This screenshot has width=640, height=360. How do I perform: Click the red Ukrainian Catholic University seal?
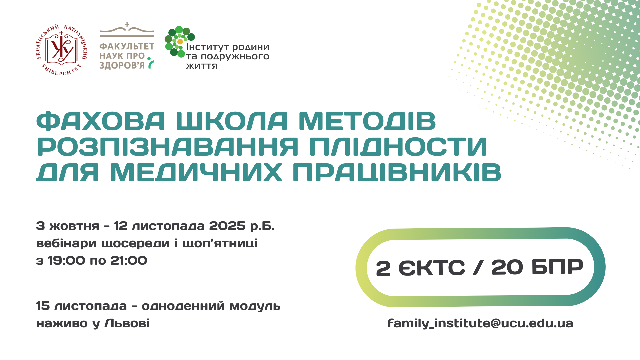pyautogui.click(x=62, y=50)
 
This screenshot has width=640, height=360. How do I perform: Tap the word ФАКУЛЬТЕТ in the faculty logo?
pyautogui.click(x=127, y=46)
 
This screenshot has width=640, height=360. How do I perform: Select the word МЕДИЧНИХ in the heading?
pyautogui.click(x=196, y=172)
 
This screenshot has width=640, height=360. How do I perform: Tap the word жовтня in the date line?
pyautogui.click(x=74, y=226)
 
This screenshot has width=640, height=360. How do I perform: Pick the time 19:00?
pyautogui.click(x=66, y=261)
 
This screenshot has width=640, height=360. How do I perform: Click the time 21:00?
pyautogui.click(x=129, y=261)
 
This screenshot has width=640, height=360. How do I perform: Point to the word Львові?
pyautogui.click(x=127, y=323)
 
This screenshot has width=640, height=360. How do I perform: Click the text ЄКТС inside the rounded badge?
pyautogui.click(x=432, y=267)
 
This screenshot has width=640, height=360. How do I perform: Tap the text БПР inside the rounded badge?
pyautogui.click(x=557, y=267)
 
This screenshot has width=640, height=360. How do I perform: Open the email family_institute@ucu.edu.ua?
pyautogui.click(x=480, y=323)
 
